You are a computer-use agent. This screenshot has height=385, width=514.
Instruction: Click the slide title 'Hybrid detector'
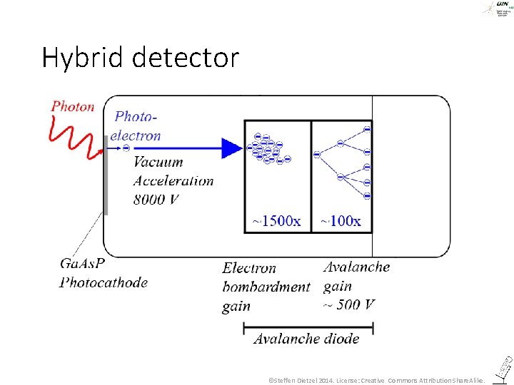coord(140,58)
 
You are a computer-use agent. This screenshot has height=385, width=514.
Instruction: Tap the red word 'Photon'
coord(73,106)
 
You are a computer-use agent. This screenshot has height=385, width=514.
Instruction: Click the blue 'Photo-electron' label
coord(138,125)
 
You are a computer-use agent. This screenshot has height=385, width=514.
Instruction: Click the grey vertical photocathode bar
coord(106,175)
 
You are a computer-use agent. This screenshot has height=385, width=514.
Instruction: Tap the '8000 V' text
coord(156,199)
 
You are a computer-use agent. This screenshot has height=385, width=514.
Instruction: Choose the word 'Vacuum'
coord(158,162)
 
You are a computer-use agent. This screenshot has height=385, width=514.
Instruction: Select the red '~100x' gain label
coord(341,221)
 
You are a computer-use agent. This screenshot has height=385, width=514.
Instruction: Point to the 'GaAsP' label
coord(82,264)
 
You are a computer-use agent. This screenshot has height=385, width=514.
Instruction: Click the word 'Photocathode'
coord(104,282)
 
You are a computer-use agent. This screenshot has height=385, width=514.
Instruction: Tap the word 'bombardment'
coord(266,287)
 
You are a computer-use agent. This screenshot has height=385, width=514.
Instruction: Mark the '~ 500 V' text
coord(349,304)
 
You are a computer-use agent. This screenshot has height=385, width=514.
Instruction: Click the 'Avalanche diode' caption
coord(306,339)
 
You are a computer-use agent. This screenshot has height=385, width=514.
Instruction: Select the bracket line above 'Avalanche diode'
coord(308,328)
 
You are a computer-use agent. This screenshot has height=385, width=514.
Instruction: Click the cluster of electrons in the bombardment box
coord(268,148)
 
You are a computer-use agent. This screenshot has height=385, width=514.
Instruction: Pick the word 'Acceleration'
coord(173,180)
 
